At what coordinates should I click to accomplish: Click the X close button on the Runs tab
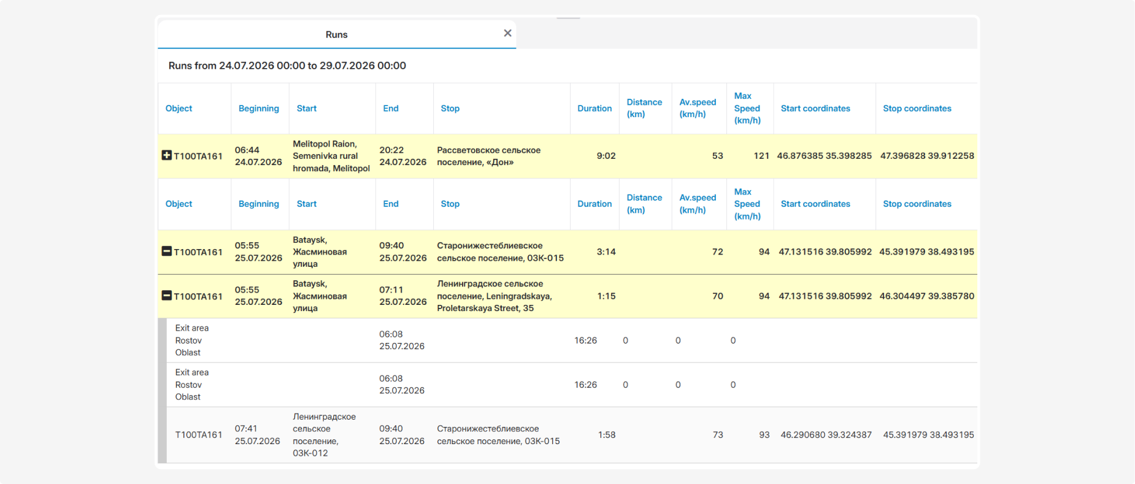tap(507, 33)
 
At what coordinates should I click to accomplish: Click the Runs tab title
tap(336, 34)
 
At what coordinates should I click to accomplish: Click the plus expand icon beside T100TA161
tap(166, 155)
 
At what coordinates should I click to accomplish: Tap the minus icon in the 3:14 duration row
tap(166, 251)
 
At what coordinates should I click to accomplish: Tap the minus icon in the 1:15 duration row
tap(166, 295)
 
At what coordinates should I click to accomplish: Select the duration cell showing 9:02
tap(606, 156)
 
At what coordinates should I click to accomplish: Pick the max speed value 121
tap(761, 156)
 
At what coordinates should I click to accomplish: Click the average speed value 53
tap(717, 156)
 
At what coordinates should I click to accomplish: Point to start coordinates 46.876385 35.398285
tap(824, 156)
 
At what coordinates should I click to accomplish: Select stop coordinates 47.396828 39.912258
tap(927, 156)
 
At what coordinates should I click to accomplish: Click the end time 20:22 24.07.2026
tap(402, 156)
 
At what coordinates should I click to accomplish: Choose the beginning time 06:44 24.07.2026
tap(258, 156)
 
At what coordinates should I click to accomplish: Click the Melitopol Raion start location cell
tap(331, 156)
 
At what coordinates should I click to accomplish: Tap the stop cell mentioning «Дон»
tap(488, 156)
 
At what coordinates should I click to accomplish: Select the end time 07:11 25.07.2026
tap(402, 296)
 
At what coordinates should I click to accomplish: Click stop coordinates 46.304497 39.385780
tap(926, 296)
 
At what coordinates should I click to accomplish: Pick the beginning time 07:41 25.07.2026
tap(257, 435)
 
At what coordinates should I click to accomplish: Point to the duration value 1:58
tap(607, 435)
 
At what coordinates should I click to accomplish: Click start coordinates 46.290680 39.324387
tap(826, 435)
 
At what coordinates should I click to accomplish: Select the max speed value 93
tap(764, 435)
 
